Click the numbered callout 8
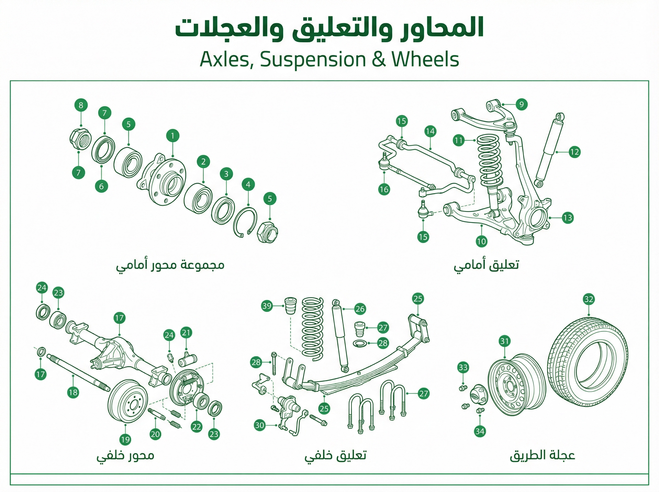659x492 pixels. coord(81,105)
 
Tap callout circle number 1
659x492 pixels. coord(172,136)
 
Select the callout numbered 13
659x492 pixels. coord(567,218)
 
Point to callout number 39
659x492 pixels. coord(267,306)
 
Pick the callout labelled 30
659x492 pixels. coord(260,425)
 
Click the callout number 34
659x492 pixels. coord(480,431)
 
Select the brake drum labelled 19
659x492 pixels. coord(127,401)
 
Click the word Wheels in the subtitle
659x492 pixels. coord(425,60)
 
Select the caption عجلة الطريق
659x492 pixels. coord(542,455)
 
